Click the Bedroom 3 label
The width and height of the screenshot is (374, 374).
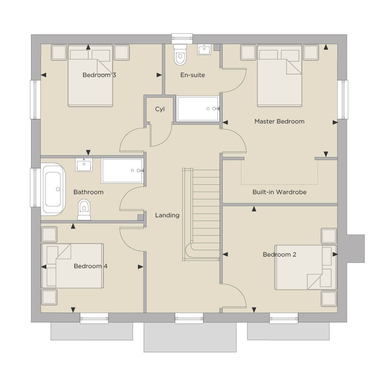click(x=99, y=75)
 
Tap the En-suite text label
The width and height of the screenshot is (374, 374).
click(x=192, y=75)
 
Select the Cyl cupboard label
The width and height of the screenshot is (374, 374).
click(x=160, y=109)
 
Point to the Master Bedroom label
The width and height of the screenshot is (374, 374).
click(x=279, y=121)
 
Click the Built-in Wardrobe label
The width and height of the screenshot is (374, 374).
click(x=279, y=192)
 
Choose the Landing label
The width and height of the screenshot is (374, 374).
click(x=167, y=215)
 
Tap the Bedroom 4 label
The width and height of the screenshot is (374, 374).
click(x=91, y=266)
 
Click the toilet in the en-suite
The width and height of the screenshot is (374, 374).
click(x=180, y=55)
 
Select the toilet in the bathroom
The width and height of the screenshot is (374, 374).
click(x=84, y=209)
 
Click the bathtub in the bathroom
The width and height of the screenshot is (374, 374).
click(x=53, y=189)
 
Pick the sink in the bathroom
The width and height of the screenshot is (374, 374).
click(x=84, y=165)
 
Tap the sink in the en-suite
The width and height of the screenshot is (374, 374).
click(x=204, y=49)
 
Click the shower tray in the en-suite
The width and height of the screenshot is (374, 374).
click(x=198, y=109)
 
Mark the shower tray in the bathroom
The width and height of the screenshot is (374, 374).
click(x=122, y=171)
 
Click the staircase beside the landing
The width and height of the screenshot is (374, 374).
click(x=201, y=214)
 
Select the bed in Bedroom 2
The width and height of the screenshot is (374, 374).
click(x=306, y=267)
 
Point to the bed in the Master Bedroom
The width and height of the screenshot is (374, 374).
click(x=279, y=76)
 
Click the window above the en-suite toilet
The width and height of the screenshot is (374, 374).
click(x=182, y=39)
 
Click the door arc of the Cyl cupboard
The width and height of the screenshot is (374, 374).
click(x=166, y=139)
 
